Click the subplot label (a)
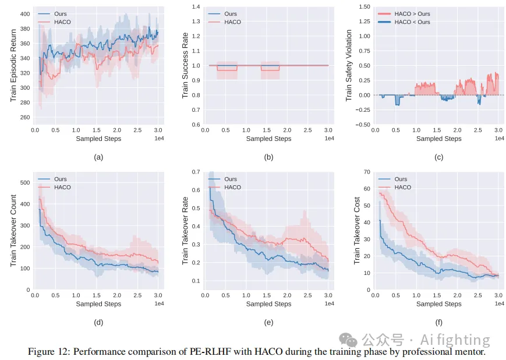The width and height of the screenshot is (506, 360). [98, 157]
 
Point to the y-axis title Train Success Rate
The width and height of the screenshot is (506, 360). [185, 65]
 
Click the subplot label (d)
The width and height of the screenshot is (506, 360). [98, 322]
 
